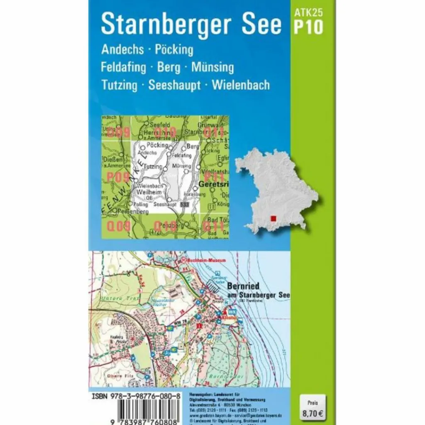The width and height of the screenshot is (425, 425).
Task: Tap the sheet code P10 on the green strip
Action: point(308,27)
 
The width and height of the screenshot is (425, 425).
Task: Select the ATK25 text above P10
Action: point(308,12)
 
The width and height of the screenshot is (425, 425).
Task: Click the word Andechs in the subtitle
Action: point(123,50)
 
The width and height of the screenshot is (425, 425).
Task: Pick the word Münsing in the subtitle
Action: point(212,67)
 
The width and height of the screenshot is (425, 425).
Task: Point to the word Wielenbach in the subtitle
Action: point(241,85)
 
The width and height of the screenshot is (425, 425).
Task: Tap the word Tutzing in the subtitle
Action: point(119,85)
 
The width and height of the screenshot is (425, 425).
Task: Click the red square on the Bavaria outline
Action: point(273,218)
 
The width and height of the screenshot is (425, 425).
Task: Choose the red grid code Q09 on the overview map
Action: point(119,226)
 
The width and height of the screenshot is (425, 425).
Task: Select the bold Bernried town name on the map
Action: point(245,286)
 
